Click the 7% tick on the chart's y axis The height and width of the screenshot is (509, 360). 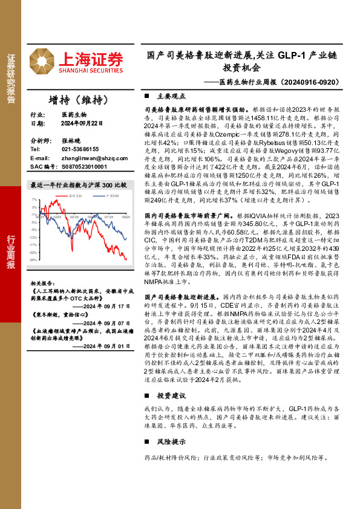coord(34,199)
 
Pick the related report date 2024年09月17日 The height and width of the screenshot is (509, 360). coord(106,306)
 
